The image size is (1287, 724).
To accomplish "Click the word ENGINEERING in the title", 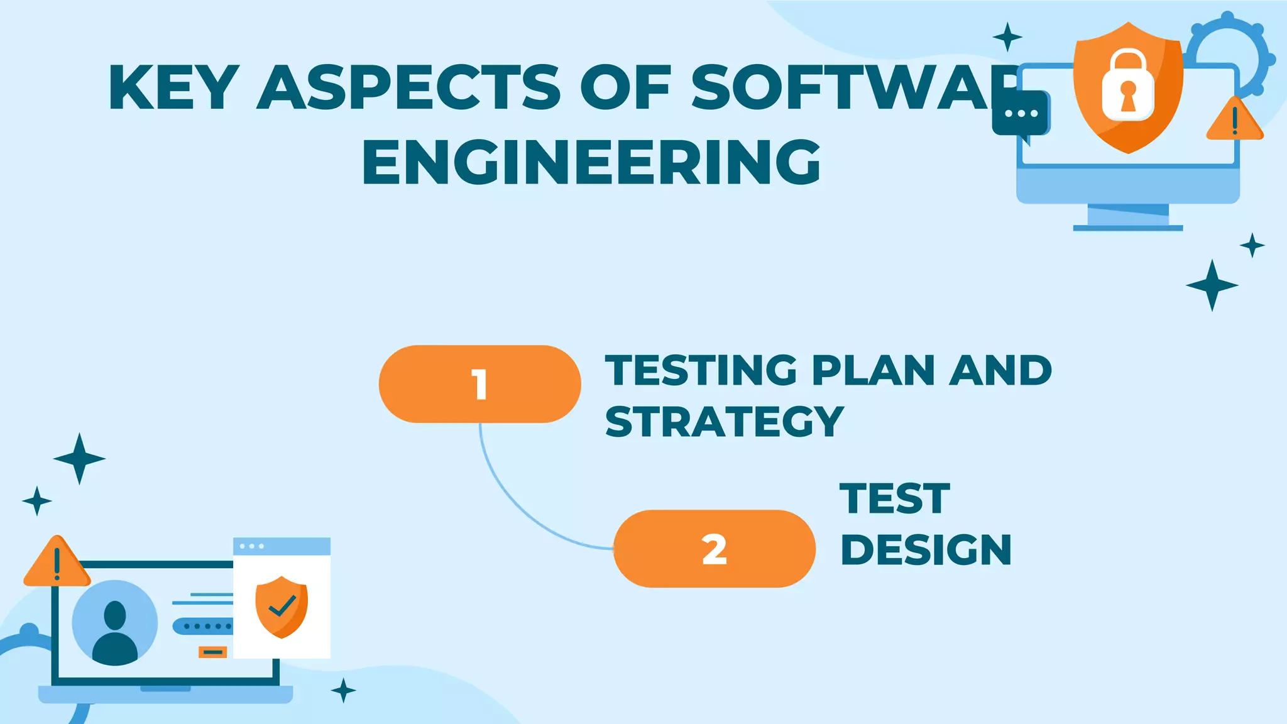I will coord(591,162).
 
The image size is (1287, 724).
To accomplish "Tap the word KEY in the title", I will coord(173,87).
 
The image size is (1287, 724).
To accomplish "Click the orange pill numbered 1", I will coord(479,384).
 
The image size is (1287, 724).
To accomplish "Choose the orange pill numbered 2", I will coord(714,549).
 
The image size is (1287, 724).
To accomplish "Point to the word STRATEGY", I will coord(724,422).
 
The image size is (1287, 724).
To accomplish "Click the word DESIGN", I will coord(926,550).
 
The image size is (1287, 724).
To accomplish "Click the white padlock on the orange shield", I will coord(1128,86).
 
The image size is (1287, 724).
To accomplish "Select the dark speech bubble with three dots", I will coord(1020,114).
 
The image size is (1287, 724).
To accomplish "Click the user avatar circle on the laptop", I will coord(115,622).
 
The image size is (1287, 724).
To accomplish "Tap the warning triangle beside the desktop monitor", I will coord(1234,120).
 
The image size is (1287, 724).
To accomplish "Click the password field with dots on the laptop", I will coord(202,626).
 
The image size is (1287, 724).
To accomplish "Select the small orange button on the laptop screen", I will coord(212,652).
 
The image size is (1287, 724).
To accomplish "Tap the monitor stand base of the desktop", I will coord(1127,227).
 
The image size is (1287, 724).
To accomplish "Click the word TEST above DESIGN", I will coord(894,499).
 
